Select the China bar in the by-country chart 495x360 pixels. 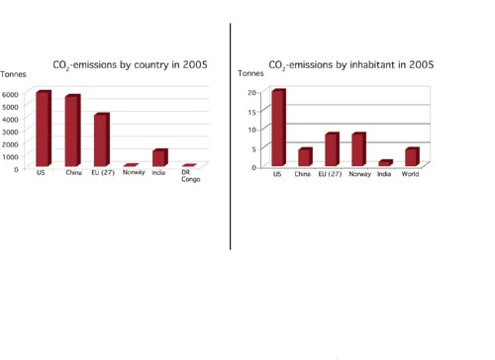pos(71,131)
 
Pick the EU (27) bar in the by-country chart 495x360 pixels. pos(101,139)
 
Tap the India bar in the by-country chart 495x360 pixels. pos(158,157)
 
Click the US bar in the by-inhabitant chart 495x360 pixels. pos(278,128)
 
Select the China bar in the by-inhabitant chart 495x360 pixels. pos(305,157)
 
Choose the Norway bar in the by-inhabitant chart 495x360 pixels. pos(358,149)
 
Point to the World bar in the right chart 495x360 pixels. pos(412,156)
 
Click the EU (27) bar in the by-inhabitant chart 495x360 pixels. pos(332,149)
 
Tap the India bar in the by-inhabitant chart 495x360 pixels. pos(385,163)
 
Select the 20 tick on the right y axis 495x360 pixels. pos(252,92)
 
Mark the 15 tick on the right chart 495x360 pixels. pos(252,111)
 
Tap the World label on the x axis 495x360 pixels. pos(412,174)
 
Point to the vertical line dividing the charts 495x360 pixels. pos(231,138)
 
